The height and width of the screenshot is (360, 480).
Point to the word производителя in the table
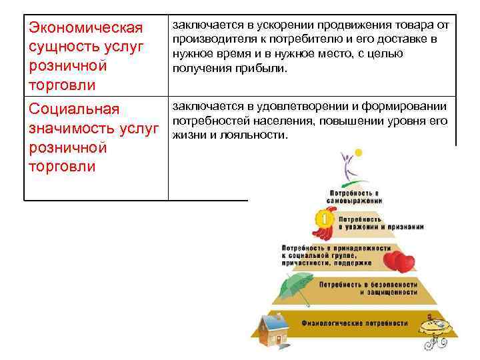[x=209, y=40]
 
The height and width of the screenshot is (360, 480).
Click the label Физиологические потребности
[x=355, y=323]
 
